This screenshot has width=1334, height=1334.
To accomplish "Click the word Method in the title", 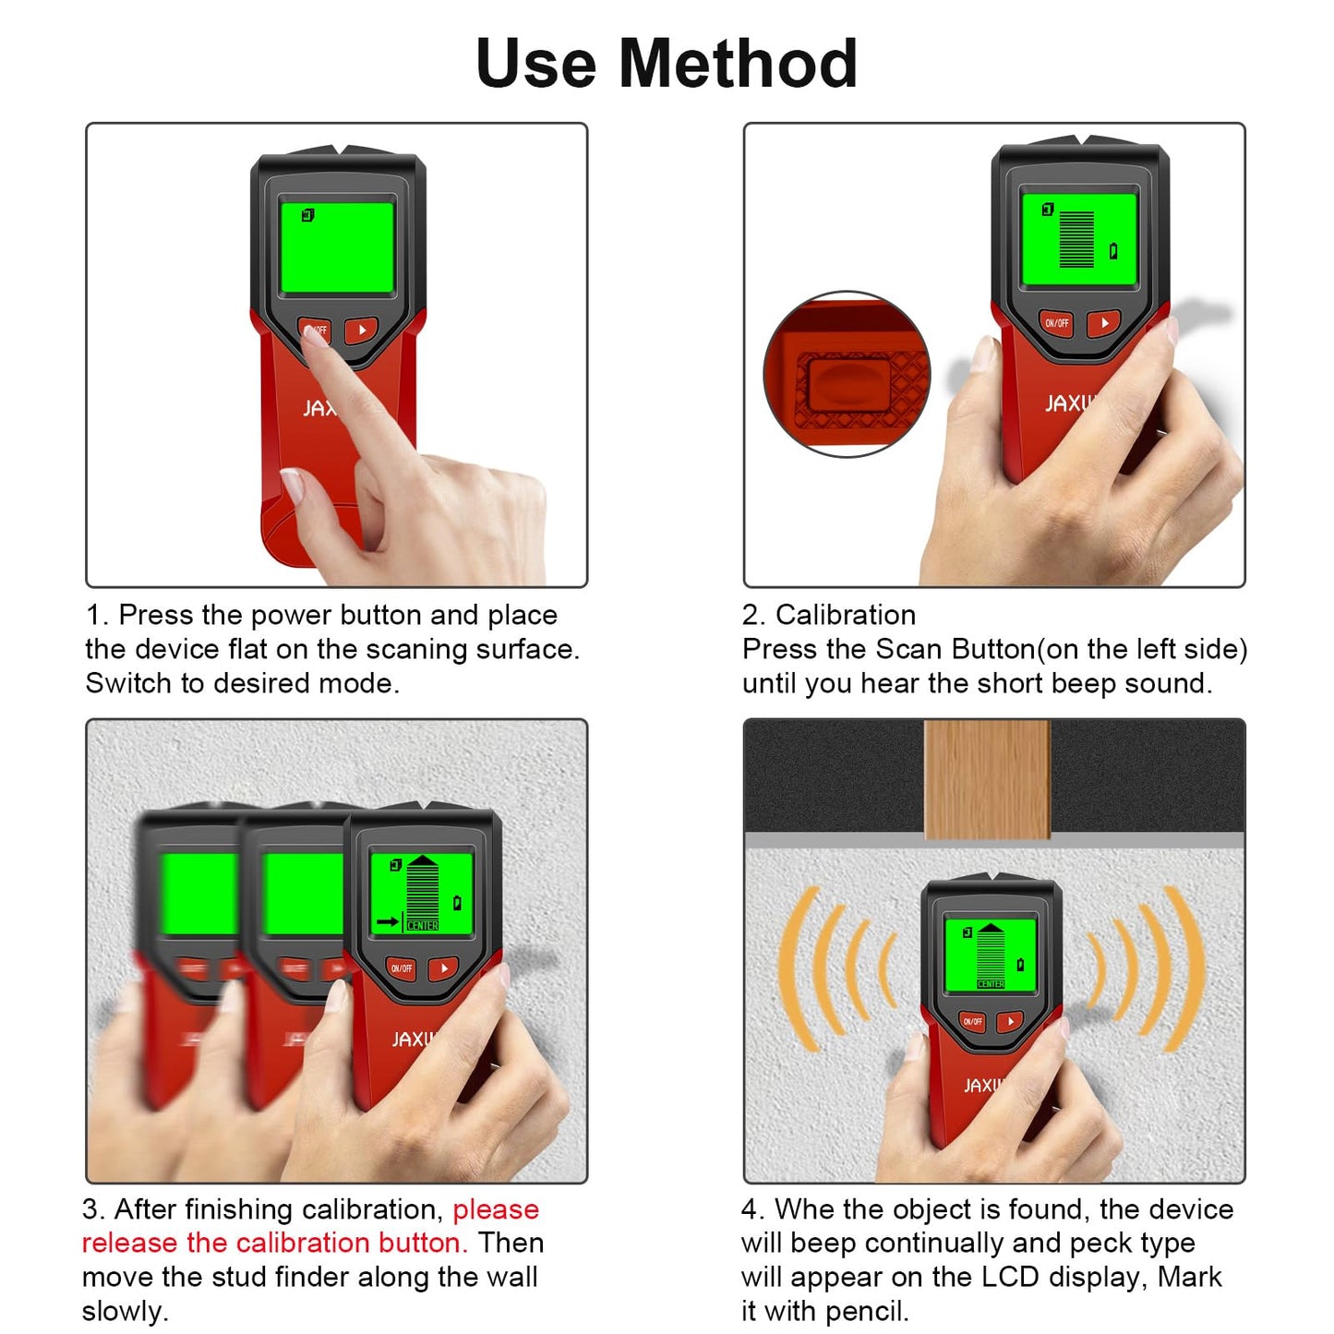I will tap(738, 64).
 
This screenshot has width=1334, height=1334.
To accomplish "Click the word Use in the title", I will tap(535, 64).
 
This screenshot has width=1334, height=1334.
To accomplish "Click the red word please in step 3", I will tap(496, 1209).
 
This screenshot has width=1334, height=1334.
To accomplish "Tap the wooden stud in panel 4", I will tap(987, 779).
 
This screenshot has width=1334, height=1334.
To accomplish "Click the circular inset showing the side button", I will tap(847, 375).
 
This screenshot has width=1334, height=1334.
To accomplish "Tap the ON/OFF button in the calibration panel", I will tap(1056, 323).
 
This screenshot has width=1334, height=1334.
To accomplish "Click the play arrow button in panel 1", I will tap(361, 330).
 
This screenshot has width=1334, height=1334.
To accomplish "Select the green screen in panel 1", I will tap(337, 246).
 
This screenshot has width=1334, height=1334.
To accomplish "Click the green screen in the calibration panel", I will tap(1078, 238).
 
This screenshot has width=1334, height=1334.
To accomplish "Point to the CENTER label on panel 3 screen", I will tap(423, 925).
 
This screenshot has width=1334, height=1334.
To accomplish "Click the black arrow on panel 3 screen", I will tap(387, 921).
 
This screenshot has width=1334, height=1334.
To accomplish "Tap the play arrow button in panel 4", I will tap(1010, 1021).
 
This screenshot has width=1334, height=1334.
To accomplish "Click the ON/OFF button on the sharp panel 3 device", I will tap(402, 968).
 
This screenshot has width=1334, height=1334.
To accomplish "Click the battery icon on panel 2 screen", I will tap(1113, 251).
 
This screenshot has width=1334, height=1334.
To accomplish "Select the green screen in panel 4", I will tap(991, 955).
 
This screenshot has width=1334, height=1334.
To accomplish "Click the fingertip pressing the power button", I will tap(314, 337).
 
